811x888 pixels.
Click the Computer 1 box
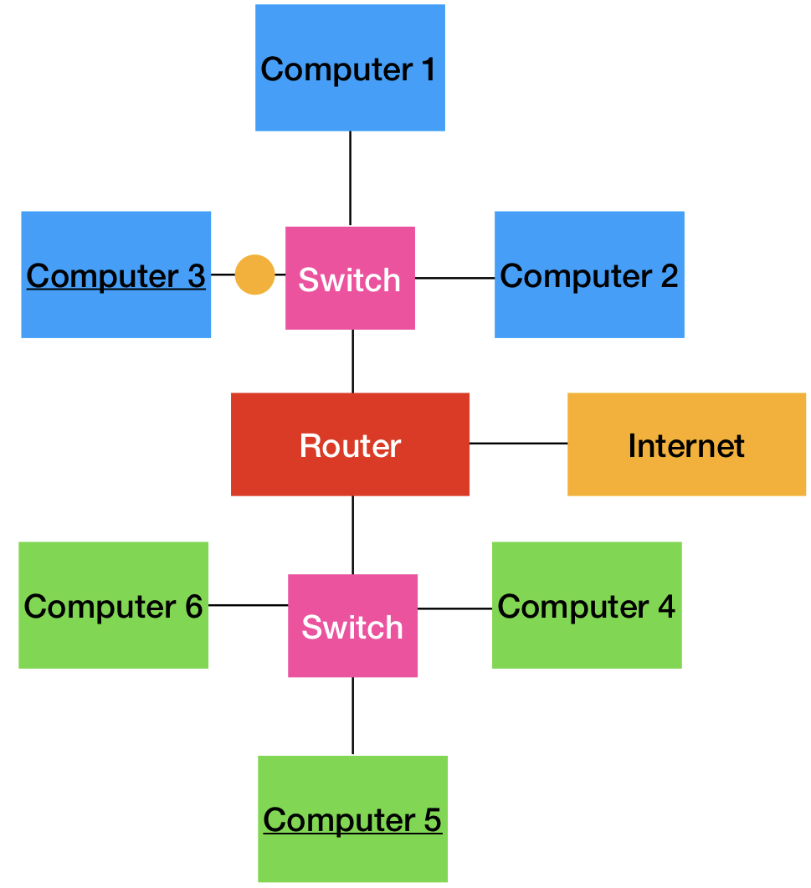[x=350, y=68]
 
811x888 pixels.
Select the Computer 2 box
[x=589, y=275]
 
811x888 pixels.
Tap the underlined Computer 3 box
[x=115, y=275]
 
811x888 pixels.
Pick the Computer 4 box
[x=587, y=605]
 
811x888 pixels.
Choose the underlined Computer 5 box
[x=352, y=819]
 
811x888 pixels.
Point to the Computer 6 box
[x=113, y=605]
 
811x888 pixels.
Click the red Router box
[x=350, y=444]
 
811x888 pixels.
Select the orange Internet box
[x=686, y=444]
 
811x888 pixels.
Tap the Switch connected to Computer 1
[x=350, y=278]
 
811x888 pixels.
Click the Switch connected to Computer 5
[x=352, y=625]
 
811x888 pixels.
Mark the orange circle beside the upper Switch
[x=254, y=275]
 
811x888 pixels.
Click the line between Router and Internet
[x=518, y=443]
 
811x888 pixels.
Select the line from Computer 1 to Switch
[x=350, y=178]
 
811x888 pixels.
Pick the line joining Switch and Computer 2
[x=454, y=277]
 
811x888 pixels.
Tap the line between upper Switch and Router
[x=352, y=361]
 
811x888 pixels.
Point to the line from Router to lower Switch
[x=352, y=535]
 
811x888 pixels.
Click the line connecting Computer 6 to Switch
[x=248, y=604]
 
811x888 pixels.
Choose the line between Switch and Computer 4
[x=454, y=608]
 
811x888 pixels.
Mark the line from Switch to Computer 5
[x=352, y=716]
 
